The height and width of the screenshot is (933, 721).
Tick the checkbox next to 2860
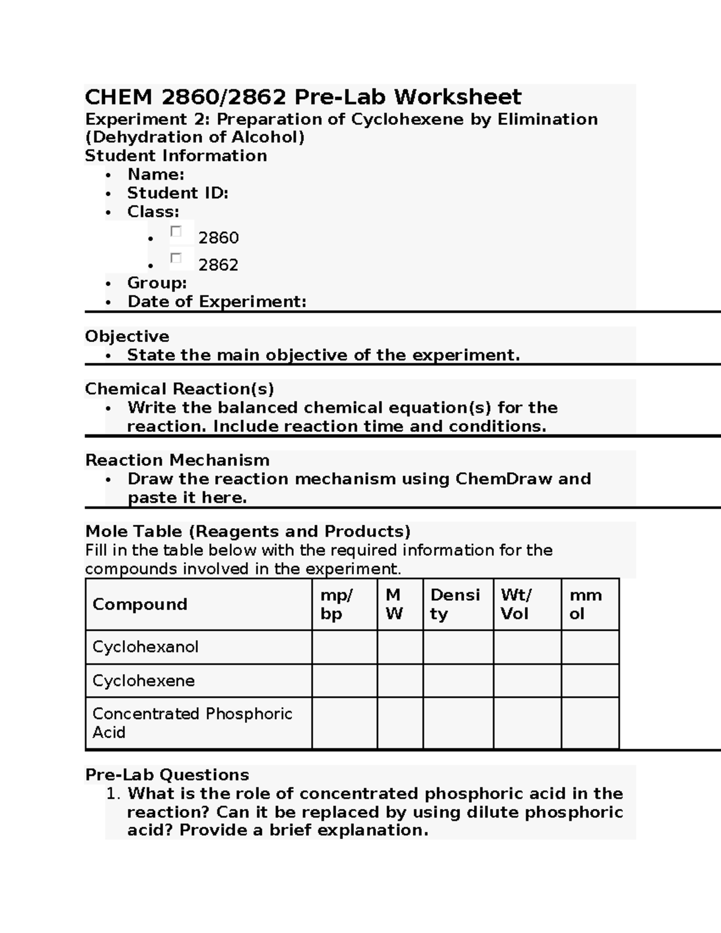(x=176, y=231)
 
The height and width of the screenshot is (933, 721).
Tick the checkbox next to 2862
(x=176, y=258)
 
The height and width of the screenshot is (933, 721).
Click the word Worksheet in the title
(x=457, y=97)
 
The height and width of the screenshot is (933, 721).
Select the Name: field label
(x=156, y=175)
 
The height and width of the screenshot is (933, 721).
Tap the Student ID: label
(x=177, y=193)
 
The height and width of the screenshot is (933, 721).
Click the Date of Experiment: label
(x=216, y=302)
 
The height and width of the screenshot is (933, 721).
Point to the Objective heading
(x=127, y=336)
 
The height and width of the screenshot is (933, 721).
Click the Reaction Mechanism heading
(x=177, y=461)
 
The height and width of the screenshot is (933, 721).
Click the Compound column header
(x=140, y=604)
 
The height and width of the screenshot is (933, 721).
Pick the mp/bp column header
(x=336, y=604)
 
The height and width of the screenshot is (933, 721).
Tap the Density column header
(x=455, y=604)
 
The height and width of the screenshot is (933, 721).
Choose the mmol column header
(x=585, y=604)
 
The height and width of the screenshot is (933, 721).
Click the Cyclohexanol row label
(x=145, y=647)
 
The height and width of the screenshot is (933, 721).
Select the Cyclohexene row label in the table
(x=144, y=681)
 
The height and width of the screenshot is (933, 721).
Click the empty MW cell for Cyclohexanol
(x=400, y=647)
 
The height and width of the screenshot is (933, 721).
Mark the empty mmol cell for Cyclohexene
(x=590, y=681)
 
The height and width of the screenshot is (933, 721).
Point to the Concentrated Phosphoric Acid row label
(x=192, y=723)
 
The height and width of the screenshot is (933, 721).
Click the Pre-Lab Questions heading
(x=167, y=775)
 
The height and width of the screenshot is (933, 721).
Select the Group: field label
(x=157, y=283)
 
